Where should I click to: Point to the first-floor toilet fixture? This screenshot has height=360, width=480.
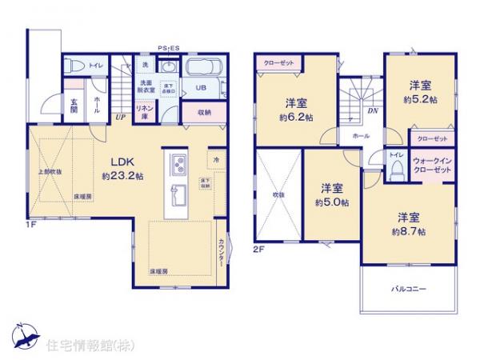tap(74, 64)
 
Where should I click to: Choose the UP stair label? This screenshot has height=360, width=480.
tap(120, 117)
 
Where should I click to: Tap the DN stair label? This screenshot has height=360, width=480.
tap(372, 112)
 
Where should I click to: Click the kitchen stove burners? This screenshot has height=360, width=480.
tap(178, 167)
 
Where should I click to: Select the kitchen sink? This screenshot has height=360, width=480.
tap(178, 194)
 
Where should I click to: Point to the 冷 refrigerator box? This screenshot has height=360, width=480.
tap(216, 159)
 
